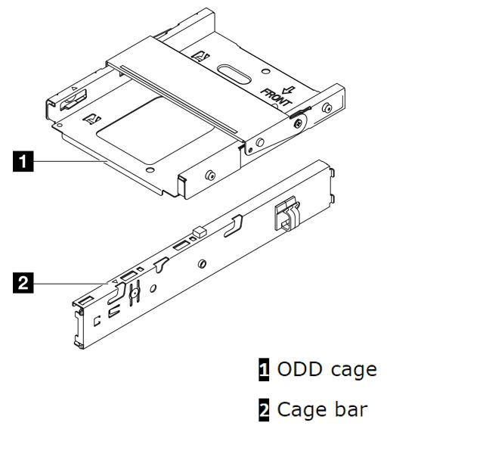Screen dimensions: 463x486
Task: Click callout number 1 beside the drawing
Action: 25,160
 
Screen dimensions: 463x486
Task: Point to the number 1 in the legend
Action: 264,370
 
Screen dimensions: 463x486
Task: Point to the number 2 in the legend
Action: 264,410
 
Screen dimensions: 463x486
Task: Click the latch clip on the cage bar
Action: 286,216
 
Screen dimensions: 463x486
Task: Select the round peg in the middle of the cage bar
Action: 201,264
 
